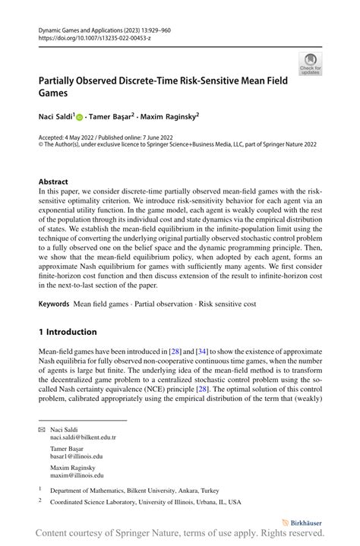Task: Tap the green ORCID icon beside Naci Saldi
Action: (80, 118)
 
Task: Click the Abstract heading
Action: (54, 182)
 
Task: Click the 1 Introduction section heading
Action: (68, 332)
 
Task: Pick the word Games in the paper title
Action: (55, 94)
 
